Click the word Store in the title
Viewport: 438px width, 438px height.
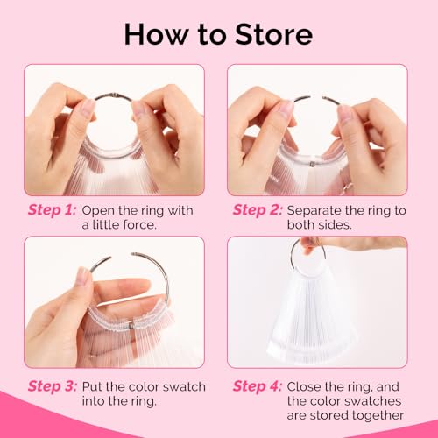point(273,34)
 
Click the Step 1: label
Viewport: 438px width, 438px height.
point(52,210)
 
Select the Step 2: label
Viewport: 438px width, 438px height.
point(258,210)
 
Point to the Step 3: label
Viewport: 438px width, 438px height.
point(53,386)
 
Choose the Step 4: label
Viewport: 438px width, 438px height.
point(258,386)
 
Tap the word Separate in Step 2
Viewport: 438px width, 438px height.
point(314,211)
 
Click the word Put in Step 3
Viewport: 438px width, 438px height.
point(92,386)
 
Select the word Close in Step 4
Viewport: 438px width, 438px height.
point(304,386)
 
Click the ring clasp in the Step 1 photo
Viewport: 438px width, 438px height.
point(116,95)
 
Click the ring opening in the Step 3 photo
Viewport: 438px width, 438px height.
point(121,255)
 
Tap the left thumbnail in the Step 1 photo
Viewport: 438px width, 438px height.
point(88,108)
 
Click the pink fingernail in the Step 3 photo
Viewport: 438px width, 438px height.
point(83,276)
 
